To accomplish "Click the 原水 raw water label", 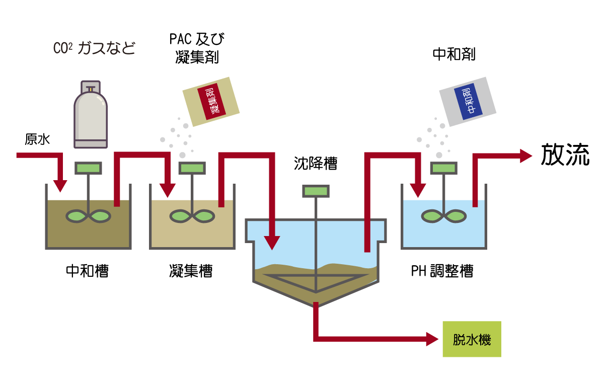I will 38,139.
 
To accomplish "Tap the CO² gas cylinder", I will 91,115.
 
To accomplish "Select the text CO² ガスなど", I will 94,48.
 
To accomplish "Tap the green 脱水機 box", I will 472,339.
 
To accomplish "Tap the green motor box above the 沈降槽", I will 316,191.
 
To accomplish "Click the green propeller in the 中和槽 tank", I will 89,216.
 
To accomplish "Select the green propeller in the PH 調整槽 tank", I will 443,216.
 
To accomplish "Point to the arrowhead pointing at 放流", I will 525,156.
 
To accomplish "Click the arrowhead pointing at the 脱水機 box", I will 433,339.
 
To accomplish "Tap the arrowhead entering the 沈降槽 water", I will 272,243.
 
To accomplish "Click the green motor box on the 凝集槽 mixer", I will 192,168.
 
